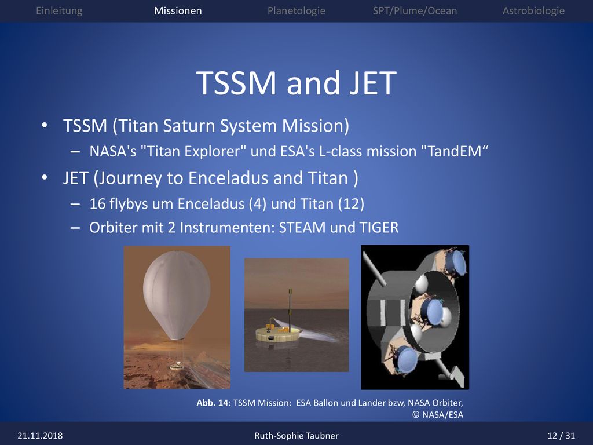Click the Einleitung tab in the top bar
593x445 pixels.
[x=59, y=10]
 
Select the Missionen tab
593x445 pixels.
[x=178, y=10]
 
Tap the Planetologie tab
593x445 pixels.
[x=296, y=10]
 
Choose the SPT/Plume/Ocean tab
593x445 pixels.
[x=415, y=10]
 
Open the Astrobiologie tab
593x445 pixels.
[x=533, y=10]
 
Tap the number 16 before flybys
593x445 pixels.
[x=97, y=203]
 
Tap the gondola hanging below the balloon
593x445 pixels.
[x=175, y=366]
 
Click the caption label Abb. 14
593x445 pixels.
[x=212, y=403]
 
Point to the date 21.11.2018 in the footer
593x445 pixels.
[x=40, y=436]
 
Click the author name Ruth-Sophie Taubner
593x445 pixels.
[x=296, y=436]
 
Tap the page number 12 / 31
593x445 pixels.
[x=561, y=436]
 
